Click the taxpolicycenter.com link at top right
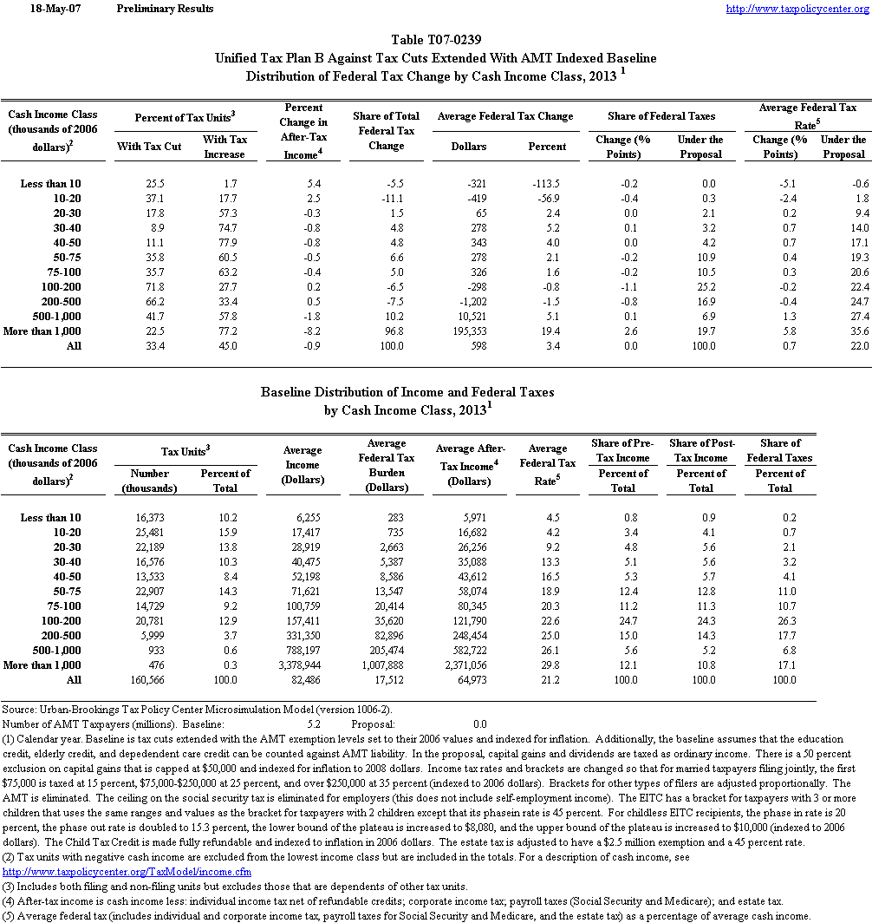click(x=796, y=9)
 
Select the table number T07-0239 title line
click(x=436, y=40)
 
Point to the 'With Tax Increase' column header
click(x=225, y=147)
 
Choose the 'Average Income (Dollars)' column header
click(x=303, y=465)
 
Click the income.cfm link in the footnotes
click(x=127, y=871)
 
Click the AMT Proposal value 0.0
click(x=479, y=723)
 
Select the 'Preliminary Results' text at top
click(x=164, y=9)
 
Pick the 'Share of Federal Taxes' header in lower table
click(x=779, y=450)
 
